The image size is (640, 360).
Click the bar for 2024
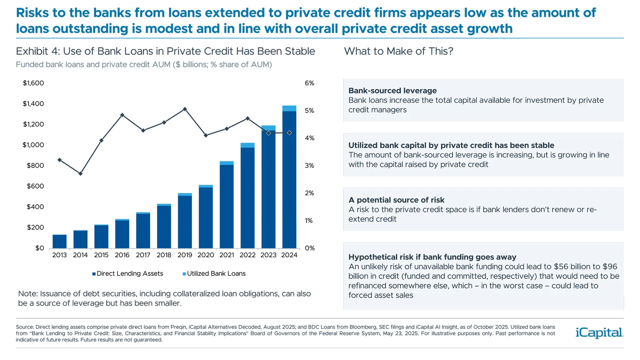(x=289, y=180)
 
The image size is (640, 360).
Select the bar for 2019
(x=185, y=222)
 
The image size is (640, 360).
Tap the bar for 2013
(x=59, y=242)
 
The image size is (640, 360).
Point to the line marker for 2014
(x=80, y=174)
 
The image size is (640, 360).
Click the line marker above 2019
(x=185, y=109)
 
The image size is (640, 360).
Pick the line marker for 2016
(x=122, y=115)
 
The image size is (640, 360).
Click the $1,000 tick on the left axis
(x=33, y=145)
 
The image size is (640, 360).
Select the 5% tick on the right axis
(x=309, y=111)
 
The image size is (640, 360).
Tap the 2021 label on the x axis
(x=227, y=255)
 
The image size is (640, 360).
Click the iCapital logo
(x=599, y=333)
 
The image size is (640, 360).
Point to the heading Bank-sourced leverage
(x=392, y=91)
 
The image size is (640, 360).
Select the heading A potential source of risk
(x=396, y=200)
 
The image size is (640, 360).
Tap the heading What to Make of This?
(x=398, y=51)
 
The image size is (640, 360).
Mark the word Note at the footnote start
(x=27, y=294)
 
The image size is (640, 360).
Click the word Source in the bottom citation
(x=24, y=327)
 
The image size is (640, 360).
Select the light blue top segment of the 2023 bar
(x=268, y=128)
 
